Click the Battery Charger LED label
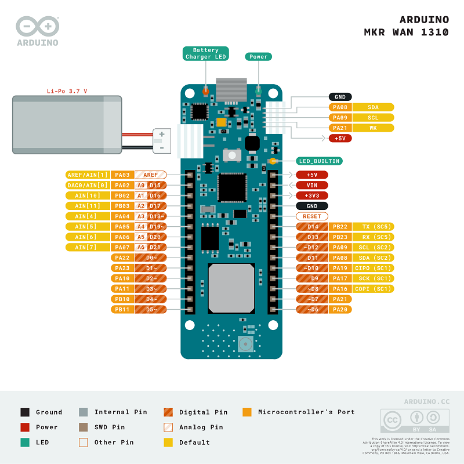click(206, 53)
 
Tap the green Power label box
click(259, 56)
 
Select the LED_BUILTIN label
click(319, 161)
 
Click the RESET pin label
click(312, 216)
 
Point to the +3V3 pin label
click(312, 195)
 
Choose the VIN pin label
click(312, 185)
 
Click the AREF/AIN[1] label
click(88, 175)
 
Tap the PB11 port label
click(122, 309)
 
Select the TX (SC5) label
click(373, 226)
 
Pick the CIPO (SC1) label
click(373, 268)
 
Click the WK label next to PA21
click(373, 128)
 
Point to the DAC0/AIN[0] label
click(88, 185)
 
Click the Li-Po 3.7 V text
click(67, 91)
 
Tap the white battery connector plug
click(161, 141)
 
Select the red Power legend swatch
click(25, 427)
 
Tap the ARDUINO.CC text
click(426, 401)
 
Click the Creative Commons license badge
click(414, 420)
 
